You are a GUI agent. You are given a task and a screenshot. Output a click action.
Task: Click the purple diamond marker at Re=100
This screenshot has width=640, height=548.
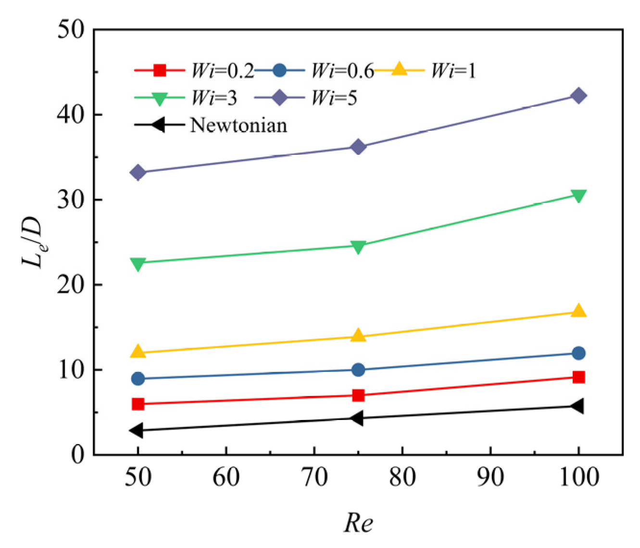(x=578, y=96)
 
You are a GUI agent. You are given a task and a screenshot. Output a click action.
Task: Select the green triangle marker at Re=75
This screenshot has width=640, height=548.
(x=358, y=246)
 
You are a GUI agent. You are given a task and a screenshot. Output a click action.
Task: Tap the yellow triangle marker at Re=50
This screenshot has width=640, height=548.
(x=138, y=352)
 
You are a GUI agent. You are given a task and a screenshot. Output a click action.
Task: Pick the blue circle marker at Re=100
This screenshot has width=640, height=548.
(x=578, y=353)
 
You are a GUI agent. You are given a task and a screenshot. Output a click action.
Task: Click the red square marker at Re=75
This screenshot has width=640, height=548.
(x=358, y=395)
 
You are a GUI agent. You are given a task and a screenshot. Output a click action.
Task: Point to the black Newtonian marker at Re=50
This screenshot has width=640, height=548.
(x=137, y=431)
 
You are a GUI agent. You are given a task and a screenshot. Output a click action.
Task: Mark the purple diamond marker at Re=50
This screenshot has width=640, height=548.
(x=138, y=172)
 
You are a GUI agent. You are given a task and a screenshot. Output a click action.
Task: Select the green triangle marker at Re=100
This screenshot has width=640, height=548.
(x=578, y=195)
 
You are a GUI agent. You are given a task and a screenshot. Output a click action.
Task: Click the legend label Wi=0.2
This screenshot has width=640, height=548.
(x=223, y=71)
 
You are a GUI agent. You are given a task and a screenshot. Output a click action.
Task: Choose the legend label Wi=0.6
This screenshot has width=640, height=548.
(x=342, y=71)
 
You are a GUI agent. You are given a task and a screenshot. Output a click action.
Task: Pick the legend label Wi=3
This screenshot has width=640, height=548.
(x=214, y=98)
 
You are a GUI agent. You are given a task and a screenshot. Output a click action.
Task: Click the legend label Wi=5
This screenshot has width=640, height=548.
(x=334, y=98)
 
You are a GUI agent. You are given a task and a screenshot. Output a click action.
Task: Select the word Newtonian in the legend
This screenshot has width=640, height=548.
(x=238, y=126)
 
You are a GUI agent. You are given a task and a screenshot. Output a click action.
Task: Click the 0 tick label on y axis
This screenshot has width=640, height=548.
(x=77, y=455)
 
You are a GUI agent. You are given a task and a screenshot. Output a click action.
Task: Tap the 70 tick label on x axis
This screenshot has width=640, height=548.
(x=314, y=478)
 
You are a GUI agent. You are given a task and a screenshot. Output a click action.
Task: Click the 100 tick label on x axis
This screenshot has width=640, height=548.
(x=578, y=478)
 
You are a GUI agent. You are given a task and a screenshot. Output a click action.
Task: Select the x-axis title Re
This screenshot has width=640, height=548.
(x=358, y=523)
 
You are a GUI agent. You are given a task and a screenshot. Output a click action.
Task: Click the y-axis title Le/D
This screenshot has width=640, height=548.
(x=35, y=242)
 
